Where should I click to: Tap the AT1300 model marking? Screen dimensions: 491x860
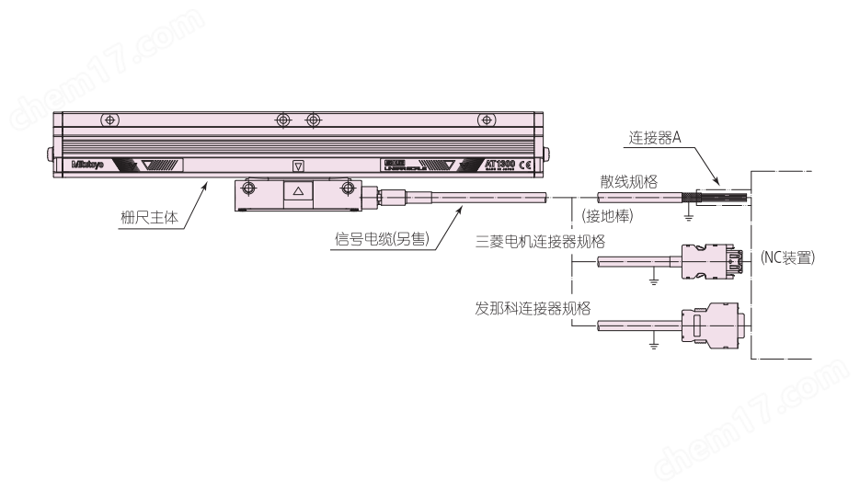point(499,164)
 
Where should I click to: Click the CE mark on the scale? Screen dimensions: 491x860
point(525,165)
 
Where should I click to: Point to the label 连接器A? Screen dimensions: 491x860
point(654,137)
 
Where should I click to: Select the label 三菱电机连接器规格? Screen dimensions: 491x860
point(539,241)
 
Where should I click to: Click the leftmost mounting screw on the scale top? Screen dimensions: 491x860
point(109,120)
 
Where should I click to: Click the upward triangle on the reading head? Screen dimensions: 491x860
point(297,190)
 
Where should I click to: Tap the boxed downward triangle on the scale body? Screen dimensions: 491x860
point(297,166)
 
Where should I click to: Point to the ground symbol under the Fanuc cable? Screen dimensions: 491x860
point(653,345)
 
